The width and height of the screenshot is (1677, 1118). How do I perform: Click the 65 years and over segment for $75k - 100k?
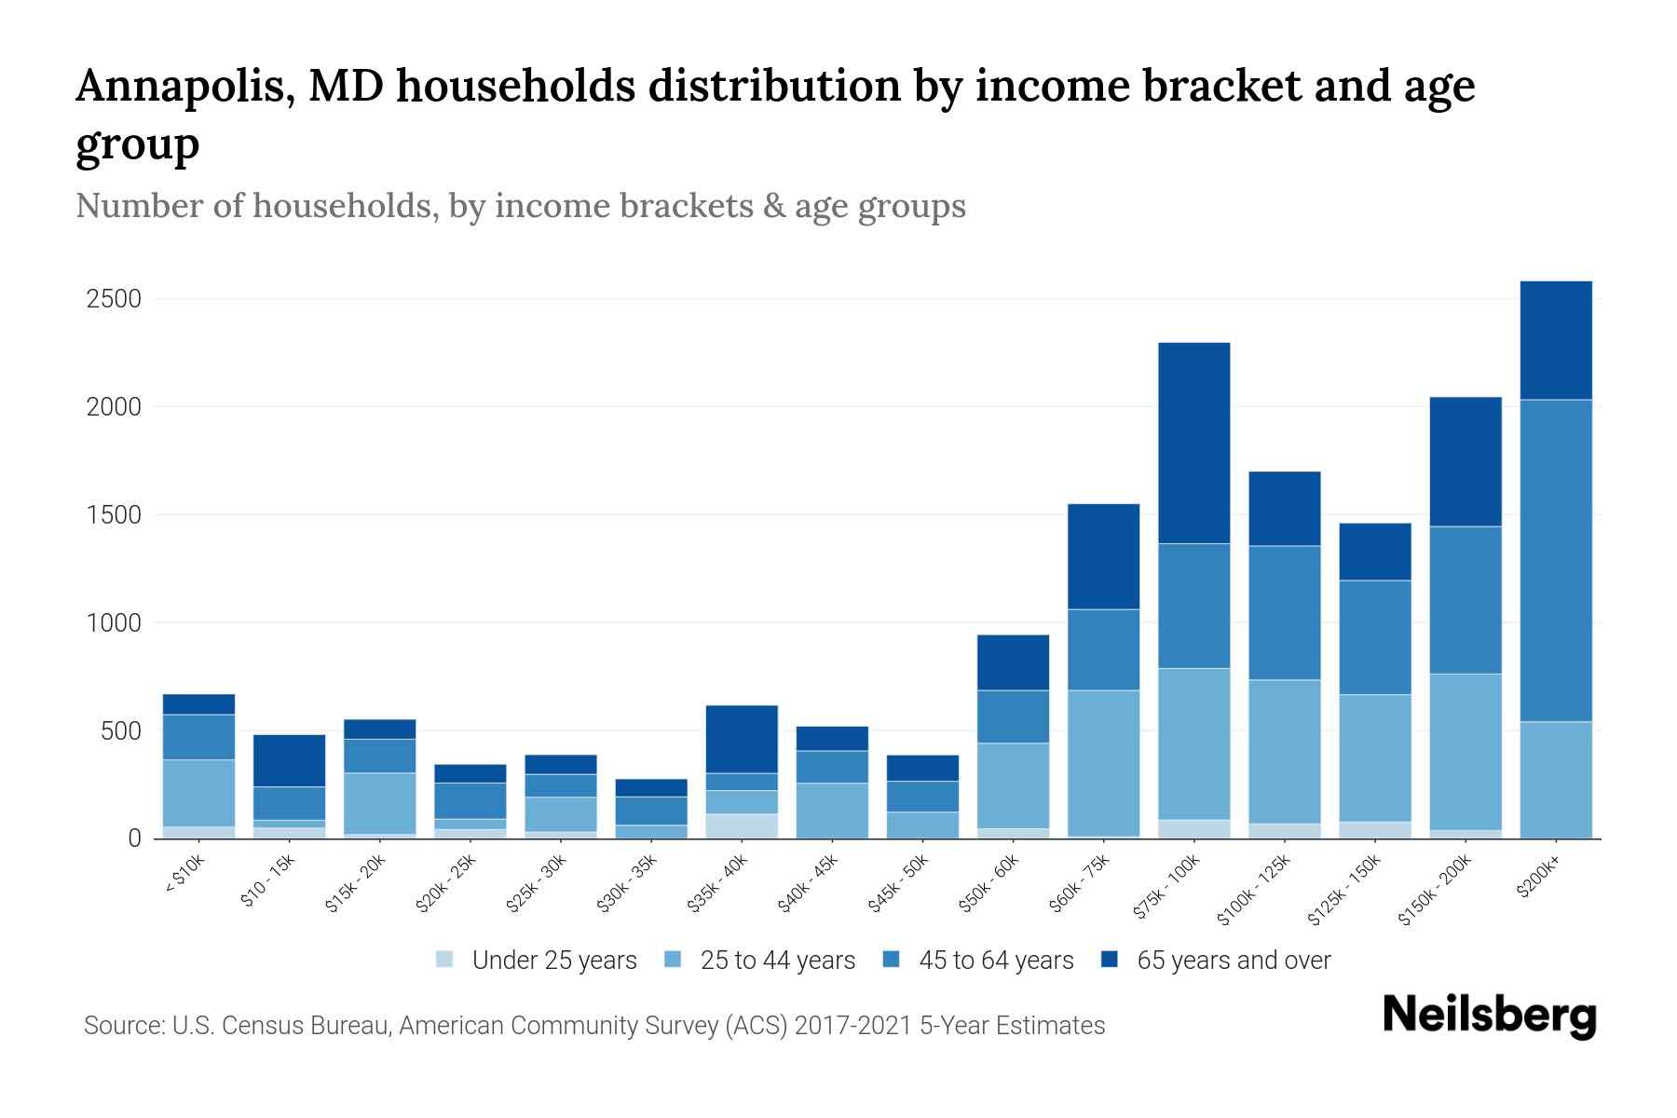tap(1193, 443)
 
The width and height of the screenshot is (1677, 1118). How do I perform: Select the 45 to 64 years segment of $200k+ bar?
tap(1555, 560)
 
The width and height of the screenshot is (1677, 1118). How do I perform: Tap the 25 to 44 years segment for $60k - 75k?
tap(1103, 762)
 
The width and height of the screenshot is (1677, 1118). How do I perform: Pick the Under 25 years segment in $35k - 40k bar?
tap(742, 825)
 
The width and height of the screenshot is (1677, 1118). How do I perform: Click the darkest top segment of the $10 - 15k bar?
tap(289, 760)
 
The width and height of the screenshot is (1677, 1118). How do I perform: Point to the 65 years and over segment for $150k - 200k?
tap(1465, 461)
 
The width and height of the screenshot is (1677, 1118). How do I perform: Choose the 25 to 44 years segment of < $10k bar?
tap(198, 793)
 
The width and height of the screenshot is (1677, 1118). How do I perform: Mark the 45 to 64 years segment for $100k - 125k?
tap(1284, 612)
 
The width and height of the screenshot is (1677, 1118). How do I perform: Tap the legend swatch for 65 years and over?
tap(1109, 960)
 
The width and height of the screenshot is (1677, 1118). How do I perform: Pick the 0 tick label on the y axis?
tap(134, 838)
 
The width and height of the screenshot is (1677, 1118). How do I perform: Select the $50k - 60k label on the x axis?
tap(990, 882)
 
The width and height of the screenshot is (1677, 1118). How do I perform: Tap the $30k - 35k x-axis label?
tap(628, 882)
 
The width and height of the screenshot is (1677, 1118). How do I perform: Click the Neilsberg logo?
tap(1489, 1016)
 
